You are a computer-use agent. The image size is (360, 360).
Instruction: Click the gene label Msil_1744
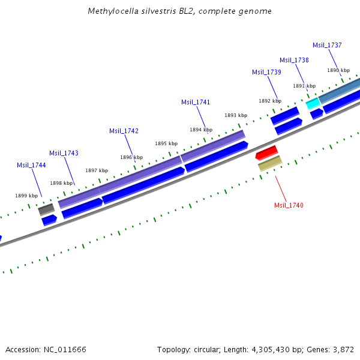point(31,165)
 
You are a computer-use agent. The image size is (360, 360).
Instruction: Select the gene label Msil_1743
point(64,153)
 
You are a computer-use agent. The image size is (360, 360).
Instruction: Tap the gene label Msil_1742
point(124,131)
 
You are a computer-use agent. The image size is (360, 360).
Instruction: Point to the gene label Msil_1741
point(196,102)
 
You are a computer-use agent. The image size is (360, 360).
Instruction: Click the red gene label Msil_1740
point(289,205)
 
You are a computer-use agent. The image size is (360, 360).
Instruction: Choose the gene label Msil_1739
point(266,72)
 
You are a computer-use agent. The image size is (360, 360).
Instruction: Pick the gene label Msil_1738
point(294,60)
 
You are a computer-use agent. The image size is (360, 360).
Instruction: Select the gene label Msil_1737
point(327,45)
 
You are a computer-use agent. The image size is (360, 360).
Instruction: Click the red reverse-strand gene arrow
point(266,152)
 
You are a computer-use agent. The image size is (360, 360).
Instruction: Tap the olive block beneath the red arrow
point(270,163)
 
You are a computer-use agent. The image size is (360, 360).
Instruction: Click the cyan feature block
point(313,104)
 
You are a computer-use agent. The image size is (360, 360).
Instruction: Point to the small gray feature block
point(46,209)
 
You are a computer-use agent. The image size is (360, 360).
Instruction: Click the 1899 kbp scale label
point(26,196)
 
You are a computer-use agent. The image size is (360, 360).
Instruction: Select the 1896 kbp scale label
point(131,157)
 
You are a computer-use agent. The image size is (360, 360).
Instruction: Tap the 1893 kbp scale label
point(236,115)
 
